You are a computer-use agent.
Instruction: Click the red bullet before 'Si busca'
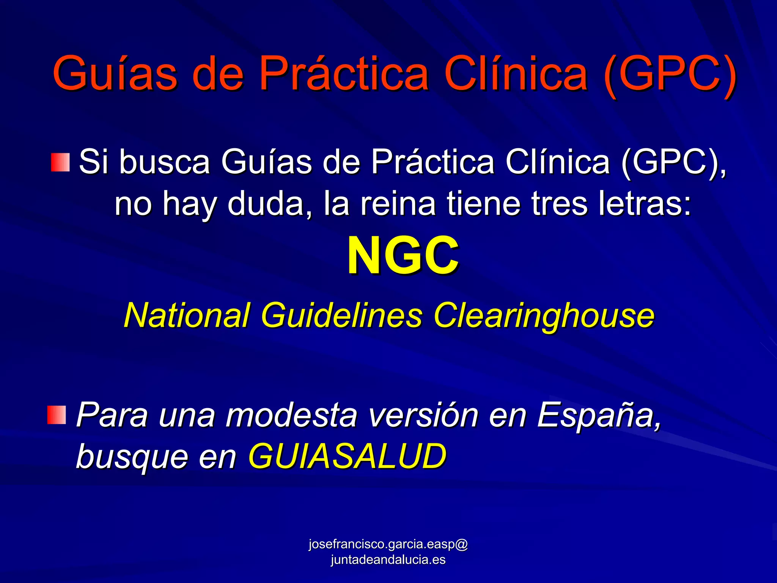pyautogui.click(x=60, y=162)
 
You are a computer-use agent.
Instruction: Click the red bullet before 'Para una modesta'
pyautogui.click(x=57, y=415)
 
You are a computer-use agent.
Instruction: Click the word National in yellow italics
pyautogui.click(x=187, y=315)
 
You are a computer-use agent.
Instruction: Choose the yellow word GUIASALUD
pyautogui.click(x=347, y=456)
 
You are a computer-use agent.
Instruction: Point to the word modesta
pyautogui.click(x=291, y=415)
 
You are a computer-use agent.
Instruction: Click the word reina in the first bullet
pyautogui.click(x=398, y=204)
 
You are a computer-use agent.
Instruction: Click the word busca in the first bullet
pyautogui.click(x=165, y=162)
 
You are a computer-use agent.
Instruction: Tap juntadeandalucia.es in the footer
pyautogui.click(x=388, y=560)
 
